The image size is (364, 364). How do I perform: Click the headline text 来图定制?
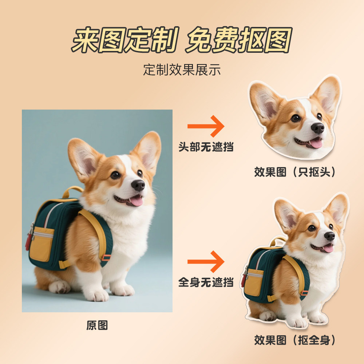[124, 40]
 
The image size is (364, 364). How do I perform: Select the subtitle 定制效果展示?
[182, 70]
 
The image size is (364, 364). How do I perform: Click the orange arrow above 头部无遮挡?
[206, 126]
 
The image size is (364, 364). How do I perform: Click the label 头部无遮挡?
[206, 147]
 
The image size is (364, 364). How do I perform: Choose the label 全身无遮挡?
[206, 282]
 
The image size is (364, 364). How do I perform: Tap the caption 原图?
[97, 325]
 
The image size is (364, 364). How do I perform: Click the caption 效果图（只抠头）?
[295, 172]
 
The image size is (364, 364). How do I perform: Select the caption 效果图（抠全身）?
[295, 340]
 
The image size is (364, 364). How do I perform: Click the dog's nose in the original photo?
[138, 185]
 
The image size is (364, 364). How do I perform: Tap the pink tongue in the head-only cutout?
[316, 143]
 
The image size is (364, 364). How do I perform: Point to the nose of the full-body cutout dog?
[329, 236]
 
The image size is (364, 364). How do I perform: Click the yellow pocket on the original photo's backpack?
[41, 244]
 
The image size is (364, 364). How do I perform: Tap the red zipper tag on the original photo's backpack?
[28, 242]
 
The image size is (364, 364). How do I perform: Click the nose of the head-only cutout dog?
[317, 128]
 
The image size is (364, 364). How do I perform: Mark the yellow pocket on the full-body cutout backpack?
[254, 282]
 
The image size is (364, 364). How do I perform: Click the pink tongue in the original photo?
[136, 201]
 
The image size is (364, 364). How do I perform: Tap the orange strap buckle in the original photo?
[106, 258]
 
